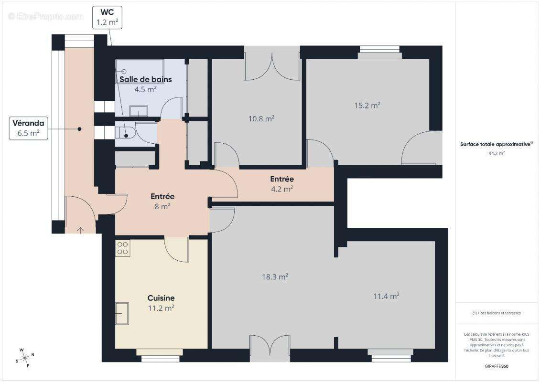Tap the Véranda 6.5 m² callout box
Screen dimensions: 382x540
point(29,128)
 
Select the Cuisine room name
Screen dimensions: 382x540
point(161,298)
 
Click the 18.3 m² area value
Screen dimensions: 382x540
point(275,276)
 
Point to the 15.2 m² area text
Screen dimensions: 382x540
point(367,105)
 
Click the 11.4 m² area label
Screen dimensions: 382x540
point(386,296)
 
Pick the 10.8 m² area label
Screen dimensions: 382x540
point(261,118)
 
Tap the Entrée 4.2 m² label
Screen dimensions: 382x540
point(282,184)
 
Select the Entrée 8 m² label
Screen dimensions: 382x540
point(162,201)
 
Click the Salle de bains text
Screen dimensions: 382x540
point(145,79)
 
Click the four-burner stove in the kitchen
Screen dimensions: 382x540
point(122,248)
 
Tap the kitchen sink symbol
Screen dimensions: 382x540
point(122,313)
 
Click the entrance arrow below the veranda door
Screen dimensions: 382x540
point(80,230)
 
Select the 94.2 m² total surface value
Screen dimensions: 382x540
point(497,153)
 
